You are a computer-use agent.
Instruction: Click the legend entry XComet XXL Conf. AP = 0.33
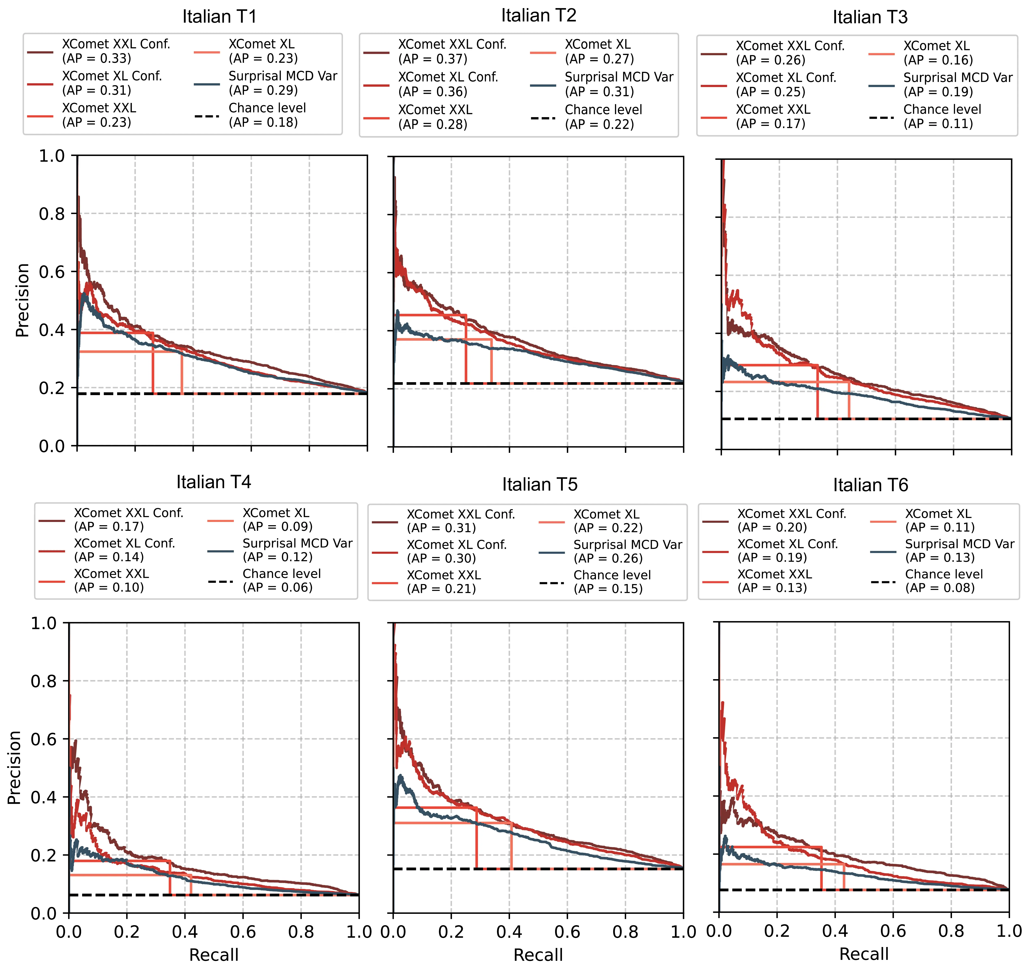116,51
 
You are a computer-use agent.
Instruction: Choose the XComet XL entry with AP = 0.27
599,52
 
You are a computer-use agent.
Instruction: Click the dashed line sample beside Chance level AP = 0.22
543,118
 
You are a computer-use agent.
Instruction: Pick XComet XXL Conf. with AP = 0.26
790,53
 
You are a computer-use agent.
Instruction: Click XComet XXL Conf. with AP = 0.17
128,519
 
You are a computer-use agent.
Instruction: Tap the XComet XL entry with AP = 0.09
277,519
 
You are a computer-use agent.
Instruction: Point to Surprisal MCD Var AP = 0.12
297,550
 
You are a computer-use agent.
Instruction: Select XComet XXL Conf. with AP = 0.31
460,521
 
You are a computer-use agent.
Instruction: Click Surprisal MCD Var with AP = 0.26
627,551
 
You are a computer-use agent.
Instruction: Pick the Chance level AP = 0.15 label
612,582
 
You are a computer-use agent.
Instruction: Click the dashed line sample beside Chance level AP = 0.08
883,582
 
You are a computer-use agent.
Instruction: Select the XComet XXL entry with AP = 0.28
435,117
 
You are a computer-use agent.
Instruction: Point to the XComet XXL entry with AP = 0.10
111,580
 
